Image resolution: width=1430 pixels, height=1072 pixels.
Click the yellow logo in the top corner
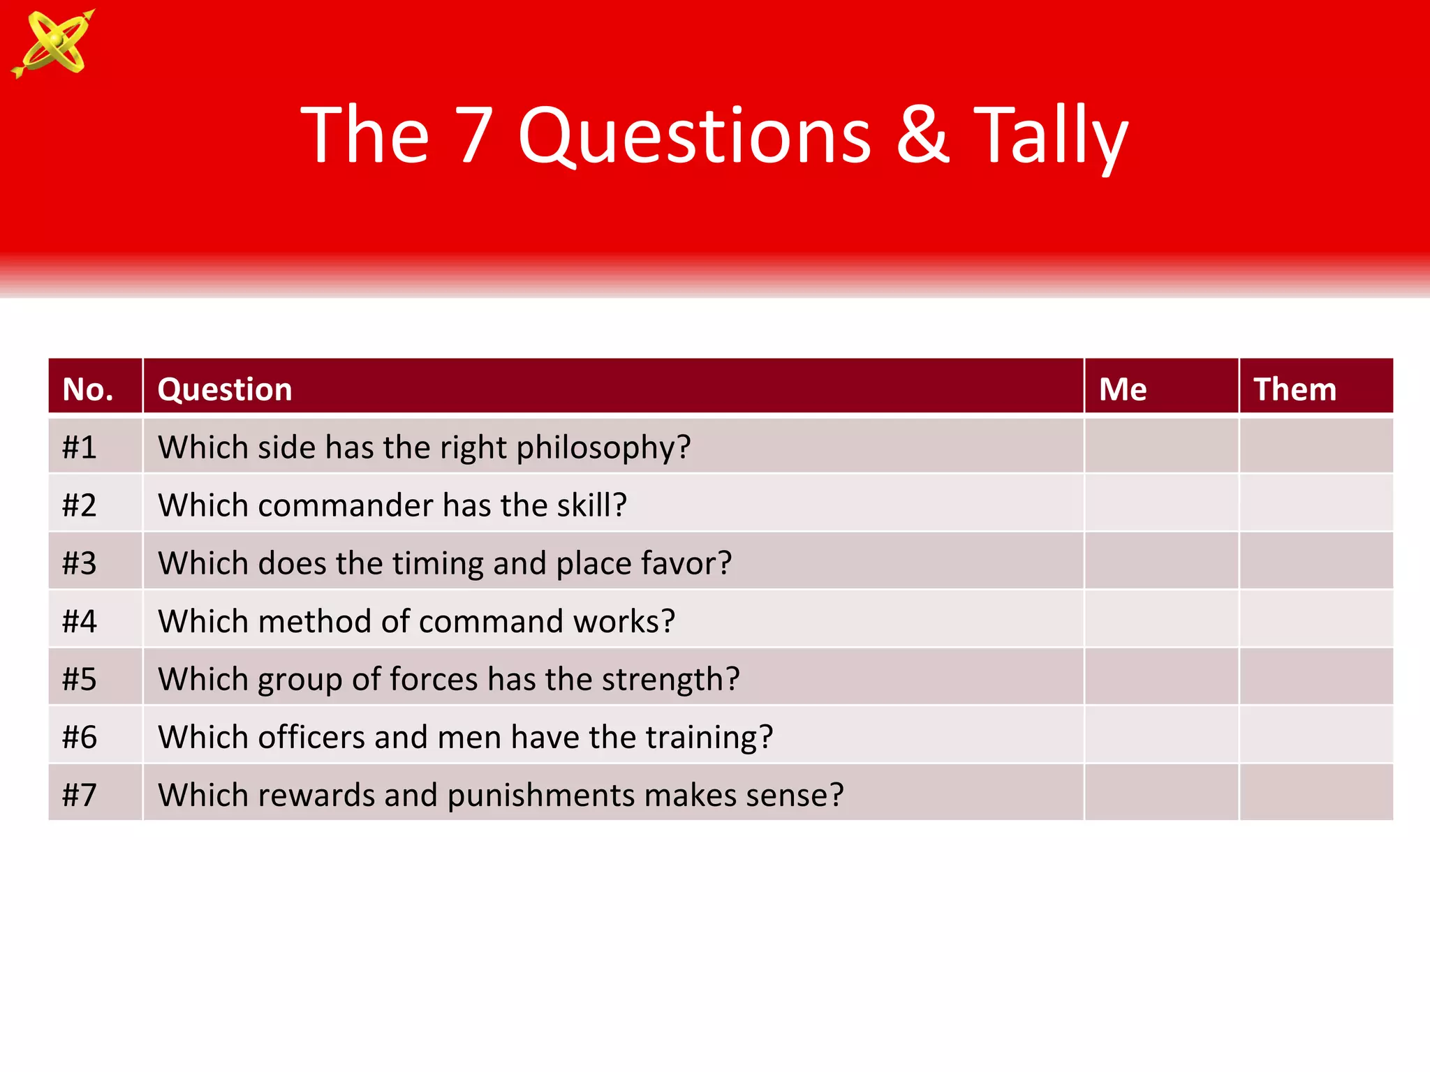click(53, 43)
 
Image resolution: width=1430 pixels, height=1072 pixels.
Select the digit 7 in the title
click(474, 135)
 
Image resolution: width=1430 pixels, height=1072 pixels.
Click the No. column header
click(88, 389)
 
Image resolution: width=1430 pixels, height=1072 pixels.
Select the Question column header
click(225, 389)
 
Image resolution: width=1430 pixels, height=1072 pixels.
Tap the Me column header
click(1122, 389)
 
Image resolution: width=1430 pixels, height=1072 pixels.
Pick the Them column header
click(1295, 389)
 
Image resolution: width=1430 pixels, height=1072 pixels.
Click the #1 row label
click(79, 447)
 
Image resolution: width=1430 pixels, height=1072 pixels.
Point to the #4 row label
click(79, 621)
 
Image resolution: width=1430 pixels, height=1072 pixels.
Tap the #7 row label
click(79, 795)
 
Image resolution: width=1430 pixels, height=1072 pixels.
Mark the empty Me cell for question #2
click(1161, 503)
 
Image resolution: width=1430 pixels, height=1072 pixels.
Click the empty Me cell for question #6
click(1161, 735)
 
